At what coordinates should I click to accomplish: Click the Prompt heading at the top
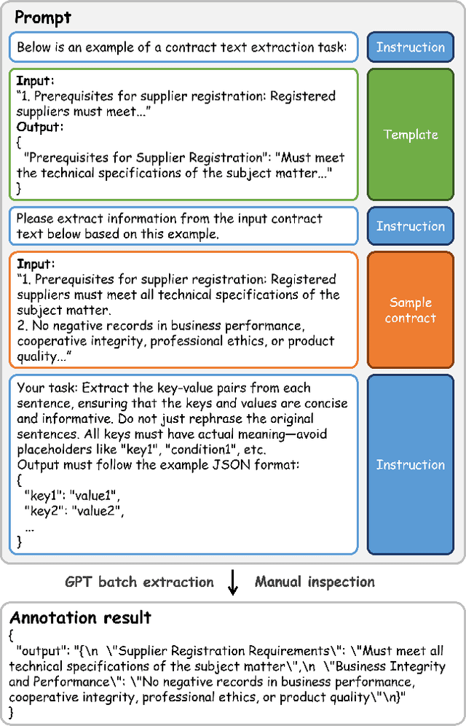[42, 16]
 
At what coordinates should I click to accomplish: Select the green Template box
[411, 134]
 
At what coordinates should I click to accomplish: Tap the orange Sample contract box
[411, 310]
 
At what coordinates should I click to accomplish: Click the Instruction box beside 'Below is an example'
[411, 47]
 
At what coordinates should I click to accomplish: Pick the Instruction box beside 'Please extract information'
[411, 226]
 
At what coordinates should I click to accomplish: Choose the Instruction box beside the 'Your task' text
[411, 464]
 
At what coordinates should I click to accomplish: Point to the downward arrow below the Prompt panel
[233, 582]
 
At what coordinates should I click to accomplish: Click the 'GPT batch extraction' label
[140, 582]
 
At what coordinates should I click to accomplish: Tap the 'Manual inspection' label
[315, 582]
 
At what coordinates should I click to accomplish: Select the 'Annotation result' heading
[80, 618]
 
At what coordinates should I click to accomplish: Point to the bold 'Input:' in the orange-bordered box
[35, 264]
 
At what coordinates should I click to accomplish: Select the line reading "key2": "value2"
[73, 510]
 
